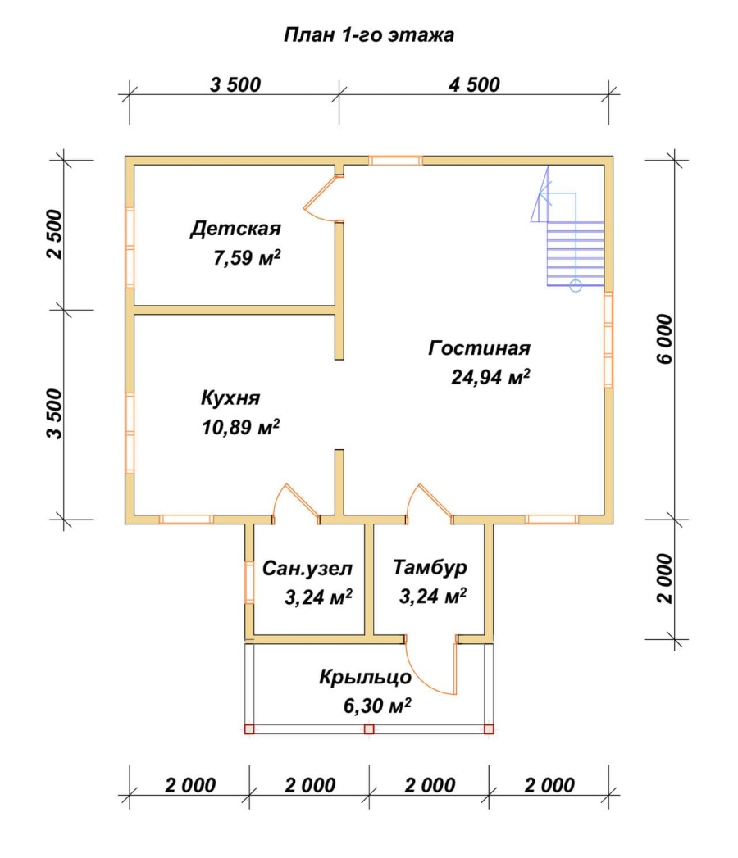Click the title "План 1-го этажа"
pos(368,35)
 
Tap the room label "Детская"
pos(235,228)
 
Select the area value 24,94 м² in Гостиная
pos(490,376)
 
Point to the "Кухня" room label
pos(230,397)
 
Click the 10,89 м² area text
pos(241,427)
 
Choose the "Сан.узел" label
pos(307,569)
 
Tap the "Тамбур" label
pos(430,567)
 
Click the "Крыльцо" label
pos(365,678)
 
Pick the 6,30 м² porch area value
pos(377,706)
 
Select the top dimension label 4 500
pos(474,84)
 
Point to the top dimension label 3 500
pos(235,84)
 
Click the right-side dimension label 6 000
pos(664,338)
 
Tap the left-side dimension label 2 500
pos(55,234)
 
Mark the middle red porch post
pos(369,729)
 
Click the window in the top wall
pos(395,161)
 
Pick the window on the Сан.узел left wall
pos(249,582)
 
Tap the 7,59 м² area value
pos(247,257)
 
